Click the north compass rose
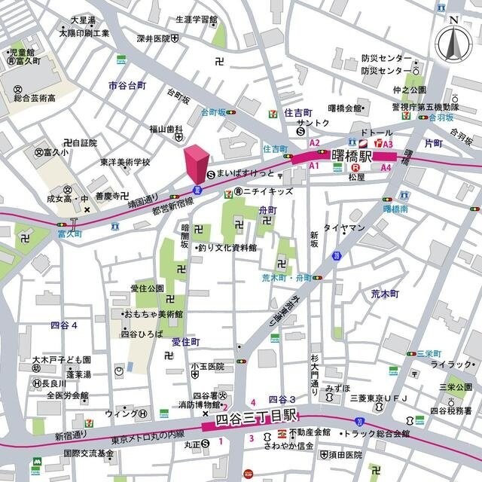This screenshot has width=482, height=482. pos(453,44)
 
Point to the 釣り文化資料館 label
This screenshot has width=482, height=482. pos(227,247)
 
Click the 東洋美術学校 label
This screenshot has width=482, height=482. pos(125,162)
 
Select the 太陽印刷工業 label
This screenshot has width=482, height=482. pos(84,33)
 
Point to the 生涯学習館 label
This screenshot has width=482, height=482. pos(197,20)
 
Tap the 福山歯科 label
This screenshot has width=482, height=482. pos(166,129)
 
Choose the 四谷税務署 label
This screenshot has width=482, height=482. pos(450,410)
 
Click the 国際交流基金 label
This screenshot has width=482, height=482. pos(89,453)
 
